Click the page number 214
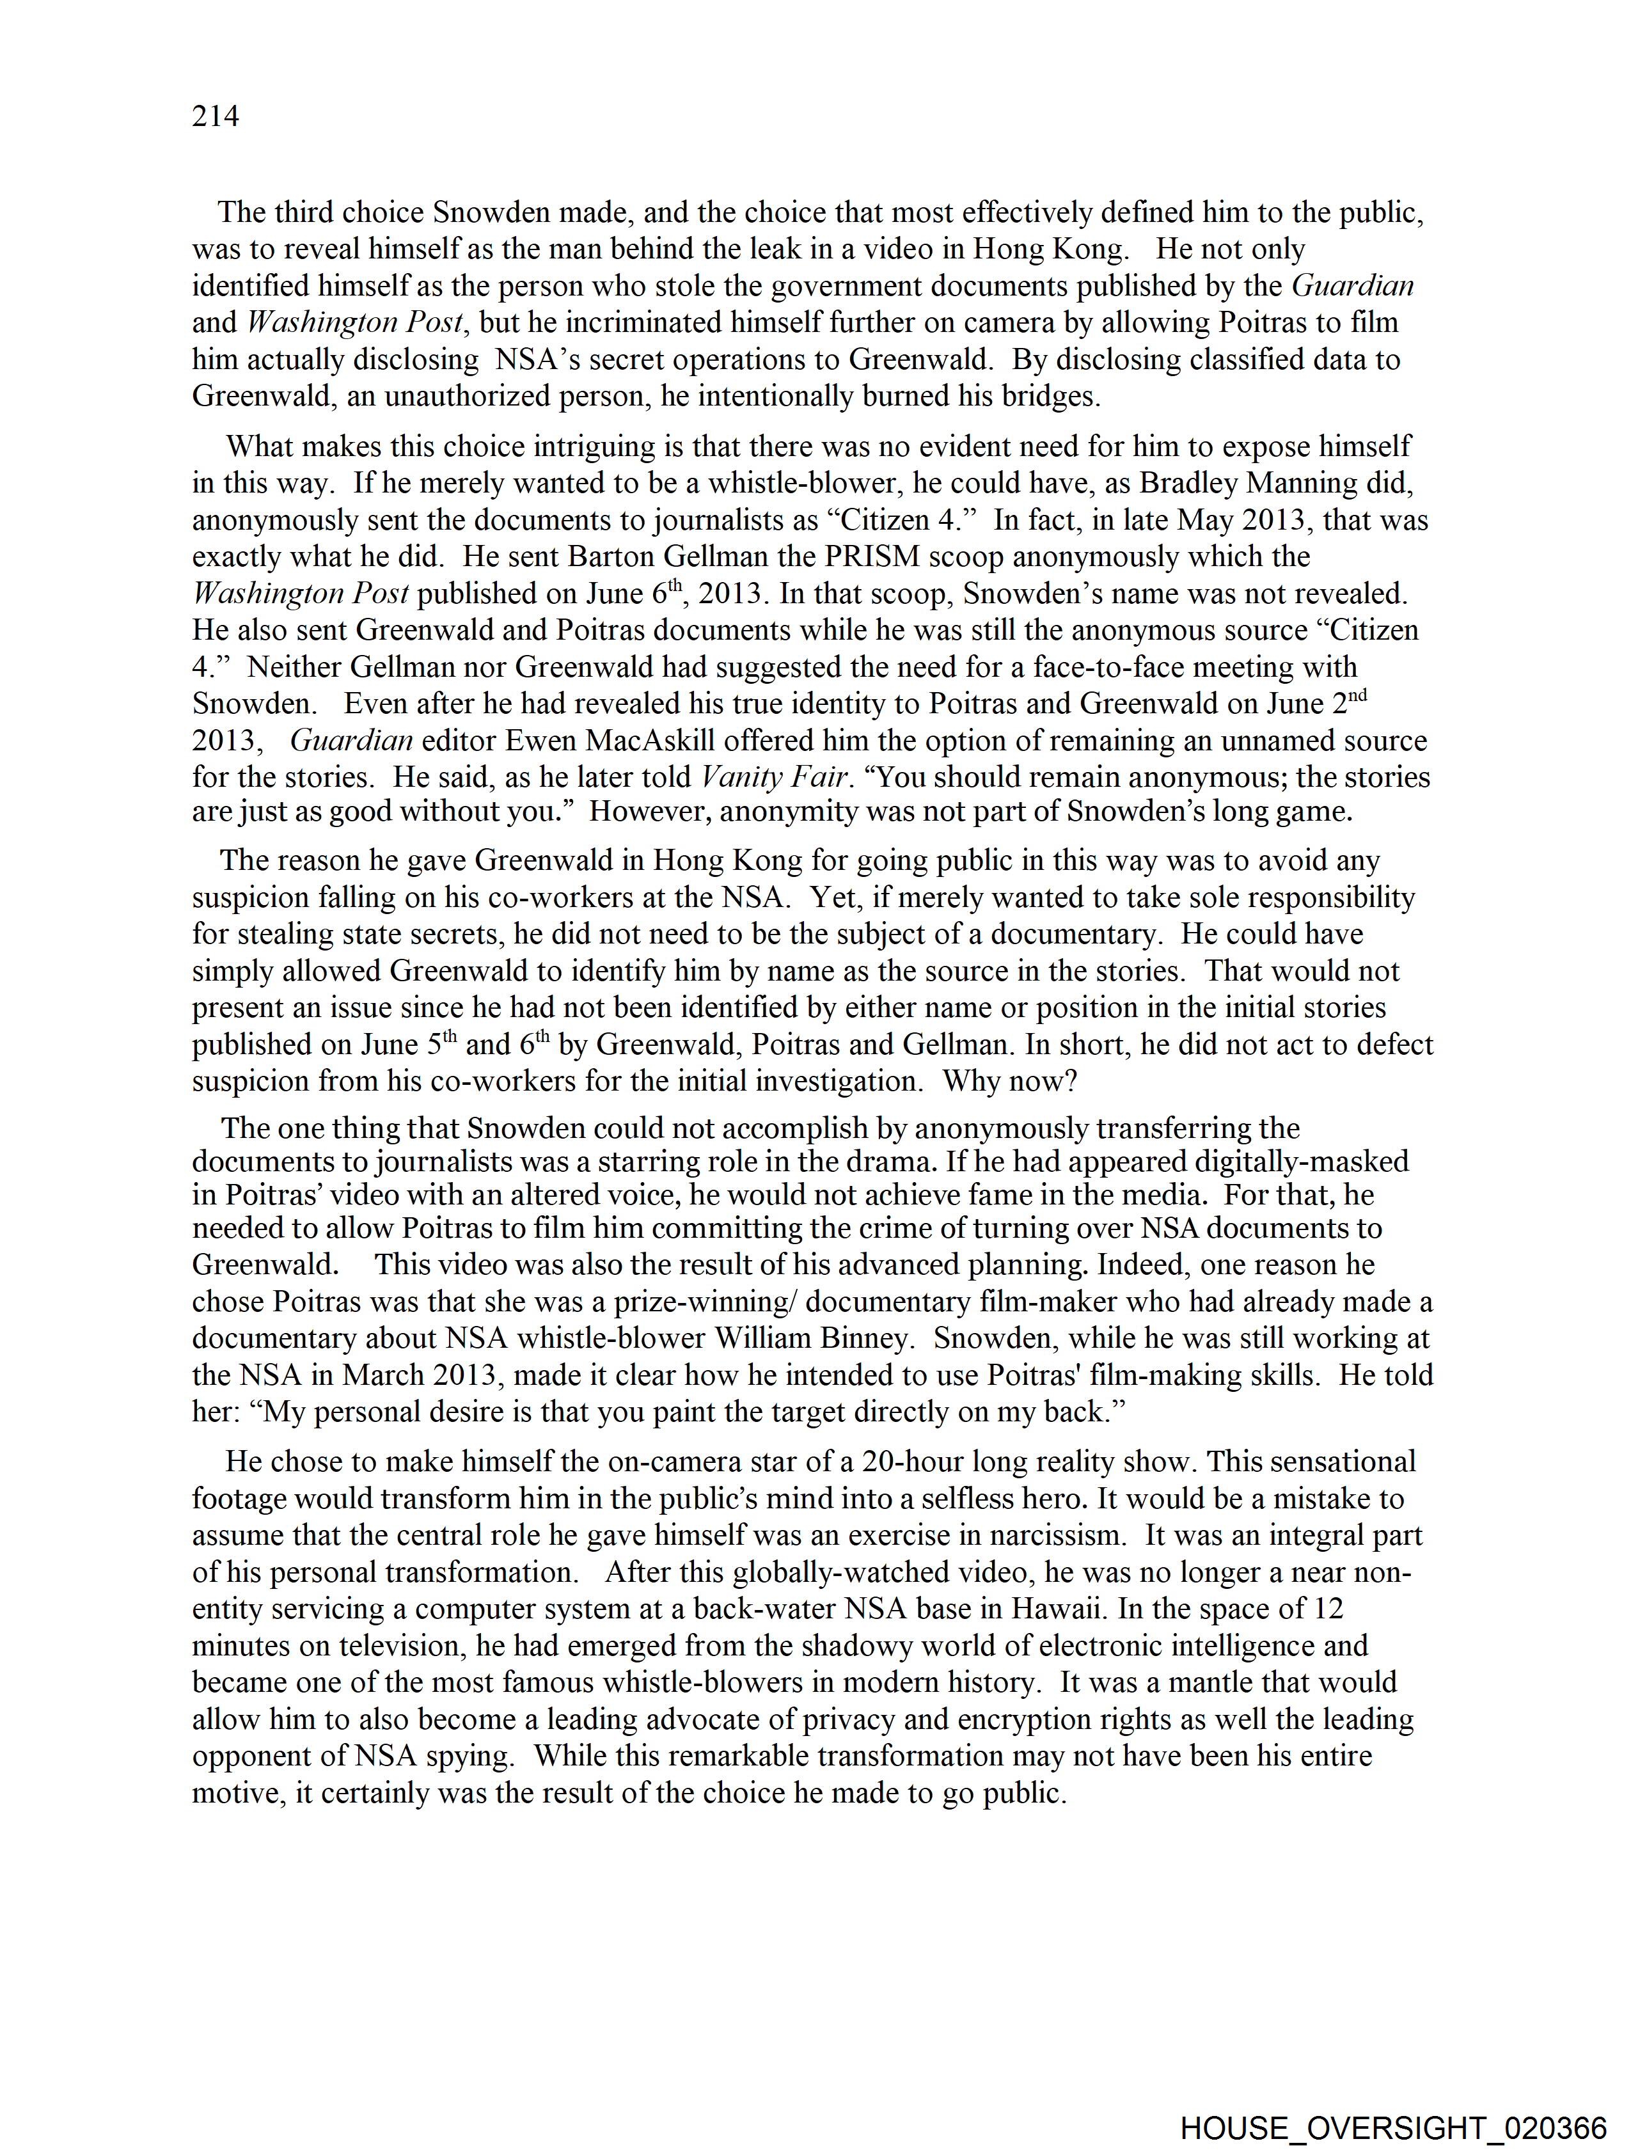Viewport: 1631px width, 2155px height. pyautogui.click(x=216, y=117)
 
